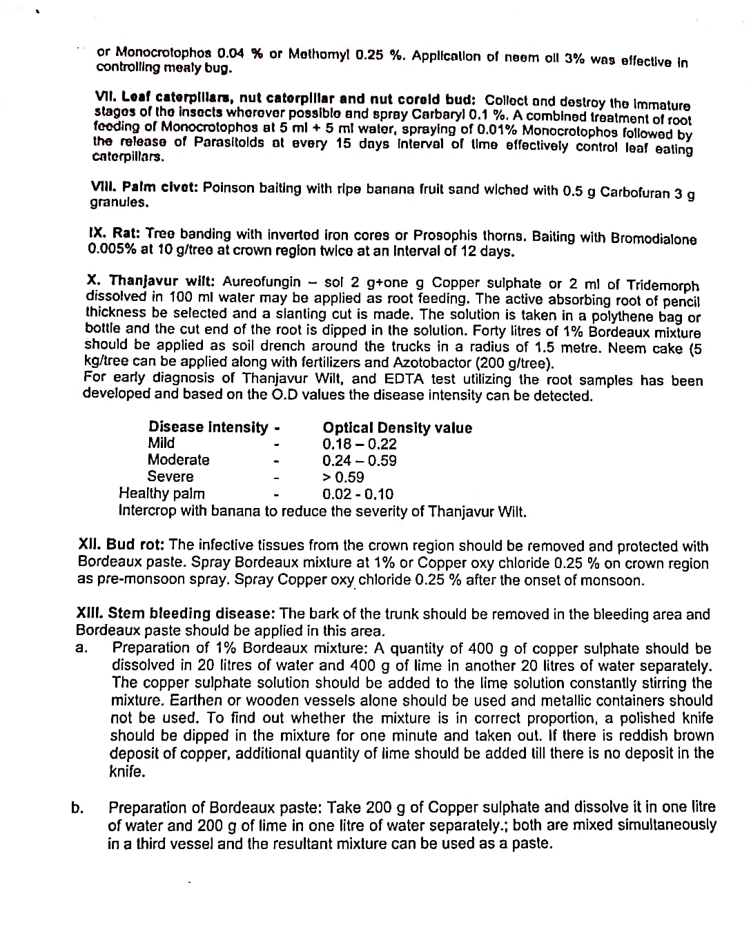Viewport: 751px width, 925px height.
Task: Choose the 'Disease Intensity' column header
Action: coord(208,427)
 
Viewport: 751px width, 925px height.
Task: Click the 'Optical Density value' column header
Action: coord(397,428)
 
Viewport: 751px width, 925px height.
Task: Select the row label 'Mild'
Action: coord(161,443)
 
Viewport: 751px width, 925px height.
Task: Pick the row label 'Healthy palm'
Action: coord(162,493)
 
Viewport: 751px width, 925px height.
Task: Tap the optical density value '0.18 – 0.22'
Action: coord(359,445)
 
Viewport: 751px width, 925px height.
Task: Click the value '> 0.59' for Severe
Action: coord(343,477)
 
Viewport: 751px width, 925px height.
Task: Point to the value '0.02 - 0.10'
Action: coord(358,494)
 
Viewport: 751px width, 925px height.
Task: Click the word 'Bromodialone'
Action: coord(654,239)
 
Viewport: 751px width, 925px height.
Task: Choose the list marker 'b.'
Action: coord(78,808)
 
